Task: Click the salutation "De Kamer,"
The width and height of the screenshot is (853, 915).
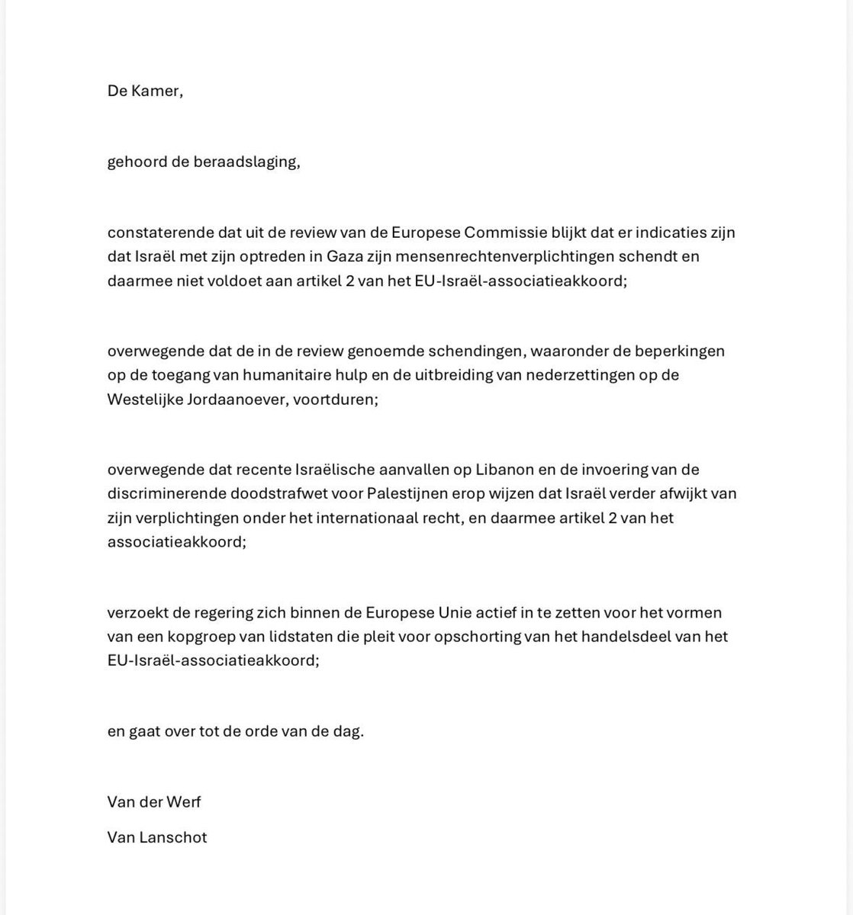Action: [x=145, y=91]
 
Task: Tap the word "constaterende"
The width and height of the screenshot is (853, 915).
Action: [x=156, y=232]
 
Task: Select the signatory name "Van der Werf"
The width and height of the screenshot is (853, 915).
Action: [x=154, y=801]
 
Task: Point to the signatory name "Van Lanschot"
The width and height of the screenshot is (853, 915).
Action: [x=157, y=836]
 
